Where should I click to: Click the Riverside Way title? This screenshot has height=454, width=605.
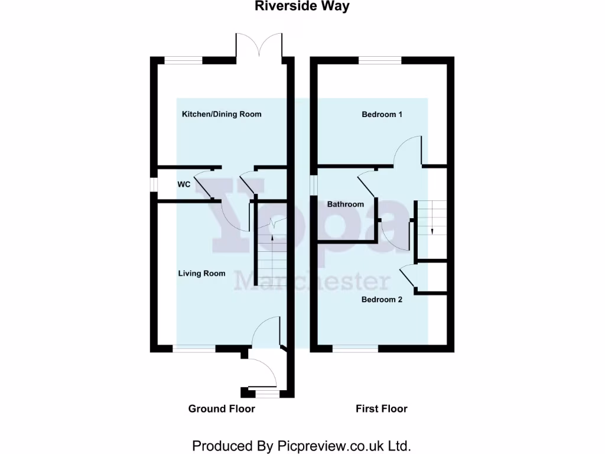(x=302, y=7)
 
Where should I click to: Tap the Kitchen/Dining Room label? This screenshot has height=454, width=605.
(x=222, y=114)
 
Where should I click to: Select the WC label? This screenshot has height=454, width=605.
(x=184, y=184)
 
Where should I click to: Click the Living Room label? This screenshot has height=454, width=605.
(x=202, y=273)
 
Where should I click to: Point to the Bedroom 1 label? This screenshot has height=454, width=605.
(x=382, y=114)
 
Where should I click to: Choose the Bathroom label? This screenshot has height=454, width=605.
(x=346, y=205)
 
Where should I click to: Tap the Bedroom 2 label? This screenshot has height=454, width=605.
(x=382, y=299)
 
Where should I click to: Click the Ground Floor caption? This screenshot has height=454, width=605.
(x=222, y=408)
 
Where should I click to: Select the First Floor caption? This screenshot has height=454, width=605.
(x=382, y=408)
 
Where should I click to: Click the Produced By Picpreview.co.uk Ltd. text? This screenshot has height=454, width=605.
(x=301, y=445)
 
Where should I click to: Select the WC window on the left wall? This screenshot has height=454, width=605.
(x=154, y=185)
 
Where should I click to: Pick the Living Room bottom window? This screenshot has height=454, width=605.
(x=194, y=349)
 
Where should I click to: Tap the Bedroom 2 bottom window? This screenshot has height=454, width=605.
(x=355, y=349)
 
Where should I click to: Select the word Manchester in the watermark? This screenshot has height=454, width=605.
(x=313, y=281)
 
